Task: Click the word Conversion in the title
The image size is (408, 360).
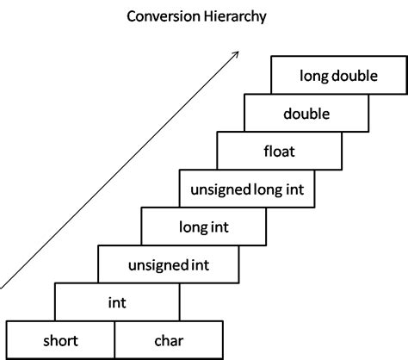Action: point(164,16)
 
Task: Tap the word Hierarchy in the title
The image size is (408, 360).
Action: point(236,16)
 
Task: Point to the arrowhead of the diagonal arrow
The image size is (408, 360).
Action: point(236,54)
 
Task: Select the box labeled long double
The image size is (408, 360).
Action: point(339,75)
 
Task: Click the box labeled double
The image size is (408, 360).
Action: point(306,113)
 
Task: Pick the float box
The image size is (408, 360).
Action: point(280,151)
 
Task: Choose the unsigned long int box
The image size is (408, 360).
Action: point(247,189)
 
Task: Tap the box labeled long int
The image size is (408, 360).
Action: point(204,227)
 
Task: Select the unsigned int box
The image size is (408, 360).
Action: point(169,264)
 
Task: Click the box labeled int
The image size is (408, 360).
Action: point(117,302)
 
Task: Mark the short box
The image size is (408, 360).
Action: point(60,340)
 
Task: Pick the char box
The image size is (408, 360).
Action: point(169,340)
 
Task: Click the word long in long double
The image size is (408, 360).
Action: point(313,77)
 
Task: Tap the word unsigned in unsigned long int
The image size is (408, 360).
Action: point(220,190)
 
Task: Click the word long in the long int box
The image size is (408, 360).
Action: point(193,227)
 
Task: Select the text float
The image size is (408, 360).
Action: point(280,151)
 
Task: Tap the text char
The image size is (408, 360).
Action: point(169,341)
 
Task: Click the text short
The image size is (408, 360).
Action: point(60,341)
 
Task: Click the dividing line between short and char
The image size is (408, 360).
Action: point(114,340)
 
